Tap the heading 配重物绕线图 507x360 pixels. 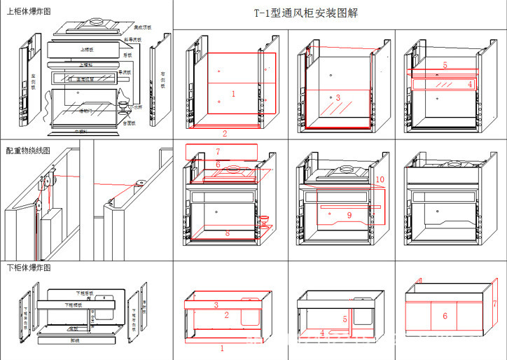coord(28,151)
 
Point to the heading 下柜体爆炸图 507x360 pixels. coord(28,268)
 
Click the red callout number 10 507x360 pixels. coord(380,180)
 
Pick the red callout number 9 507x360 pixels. coord(349,215)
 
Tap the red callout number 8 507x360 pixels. coord(227,233)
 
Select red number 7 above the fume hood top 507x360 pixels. coord(218,151)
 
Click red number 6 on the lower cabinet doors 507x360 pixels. coord(444,316)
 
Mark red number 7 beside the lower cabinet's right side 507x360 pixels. coord(494,304)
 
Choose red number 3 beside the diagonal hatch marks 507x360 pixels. coord(338,97)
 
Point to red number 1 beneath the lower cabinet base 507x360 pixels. coord(222,347)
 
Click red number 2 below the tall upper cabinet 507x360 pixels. coord(225,133)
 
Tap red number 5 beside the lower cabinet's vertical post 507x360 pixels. coord(345,319)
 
